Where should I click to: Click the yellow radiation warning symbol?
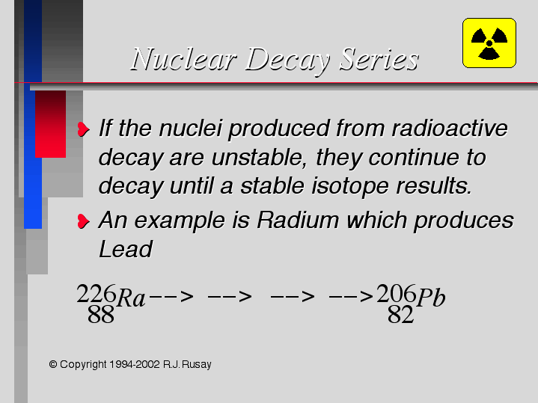click(489, 43)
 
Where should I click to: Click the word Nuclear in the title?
click(184, 59)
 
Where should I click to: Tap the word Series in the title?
click(379, 59)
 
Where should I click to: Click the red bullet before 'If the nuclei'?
click(83, 129)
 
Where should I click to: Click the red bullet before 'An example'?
click(83, 221)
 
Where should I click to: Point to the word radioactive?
click(450, 129)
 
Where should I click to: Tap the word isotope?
click(350, 187)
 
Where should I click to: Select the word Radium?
click(298, 220)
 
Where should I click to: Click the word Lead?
click(126, 249)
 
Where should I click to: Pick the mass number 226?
click(97, 294)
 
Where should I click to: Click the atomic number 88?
click(100, 315)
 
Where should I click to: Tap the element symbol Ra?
click(131, 298)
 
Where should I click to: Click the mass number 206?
click(397, 294)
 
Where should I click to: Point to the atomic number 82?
click(400, 315)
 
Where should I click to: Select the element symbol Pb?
click(431, 297)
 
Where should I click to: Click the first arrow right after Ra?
click(171, 296)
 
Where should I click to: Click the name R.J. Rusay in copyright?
click(187, 364)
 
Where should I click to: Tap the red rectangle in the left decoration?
click(50, 124)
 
